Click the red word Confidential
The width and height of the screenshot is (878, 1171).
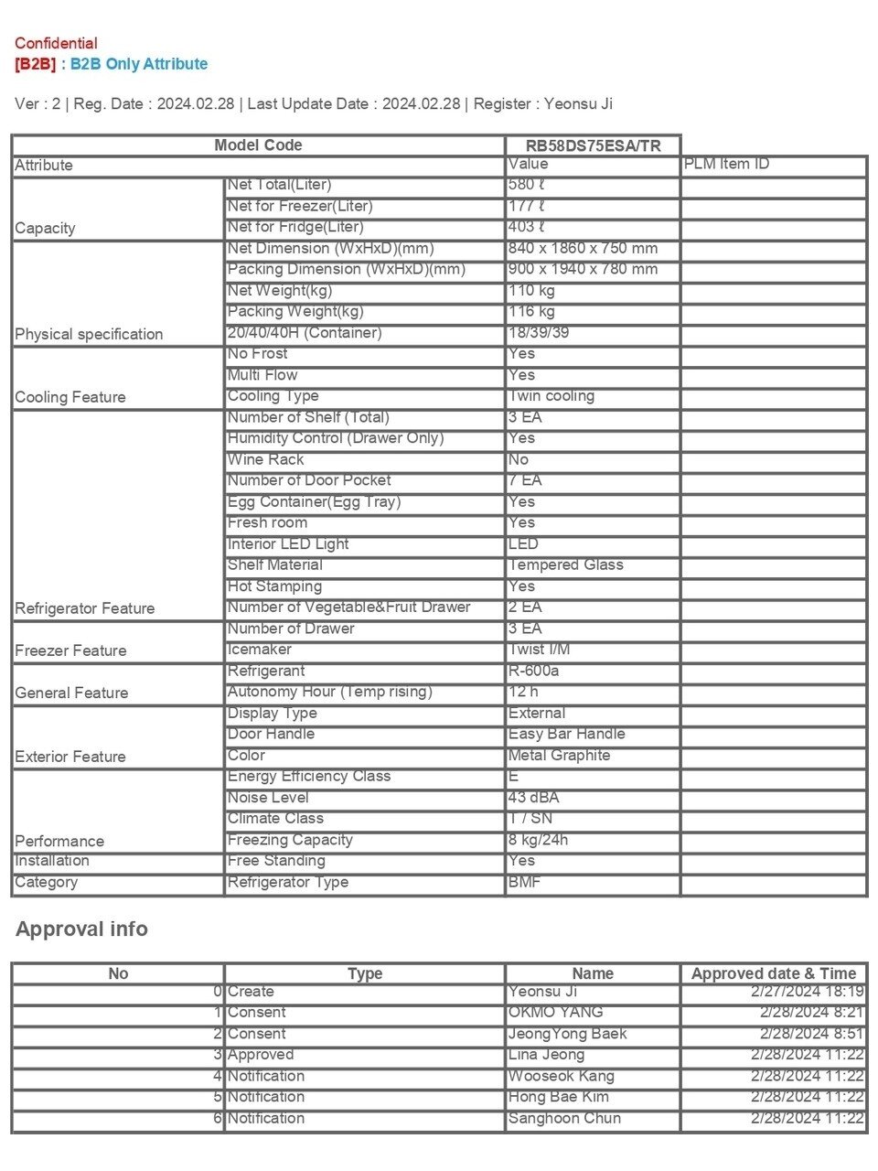[x=56, y=43]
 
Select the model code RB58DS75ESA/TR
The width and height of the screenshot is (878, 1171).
[x=593, y=145]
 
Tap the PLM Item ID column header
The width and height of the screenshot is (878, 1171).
[x=726, y=165]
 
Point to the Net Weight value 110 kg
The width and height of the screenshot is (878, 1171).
[x=531, y=291]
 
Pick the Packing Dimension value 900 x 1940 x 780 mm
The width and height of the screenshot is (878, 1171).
[x=583, y=270]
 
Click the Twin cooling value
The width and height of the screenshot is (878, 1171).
[x=551, y=396]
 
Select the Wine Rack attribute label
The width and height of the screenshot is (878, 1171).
[x=265, y=460]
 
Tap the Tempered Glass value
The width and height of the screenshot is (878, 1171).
[x=566, y=565]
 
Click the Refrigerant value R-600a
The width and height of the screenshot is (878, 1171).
[x=534, y=671]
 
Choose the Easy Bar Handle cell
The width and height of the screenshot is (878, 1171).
[x=567, y=735]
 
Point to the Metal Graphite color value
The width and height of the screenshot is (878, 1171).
[x=559, y=756]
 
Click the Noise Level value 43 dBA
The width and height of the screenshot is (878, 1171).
[x=534, y=798]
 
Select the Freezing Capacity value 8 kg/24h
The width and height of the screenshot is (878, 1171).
[x=539, y=840]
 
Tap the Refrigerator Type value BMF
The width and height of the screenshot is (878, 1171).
[x=525, y=882]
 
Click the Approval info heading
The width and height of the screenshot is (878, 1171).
[x=81, y=929]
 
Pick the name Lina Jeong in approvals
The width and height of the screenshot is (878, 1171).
[x=546, y=1055]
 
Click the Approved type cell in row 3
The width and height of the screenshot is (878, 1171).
[x=261, y=1055]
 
